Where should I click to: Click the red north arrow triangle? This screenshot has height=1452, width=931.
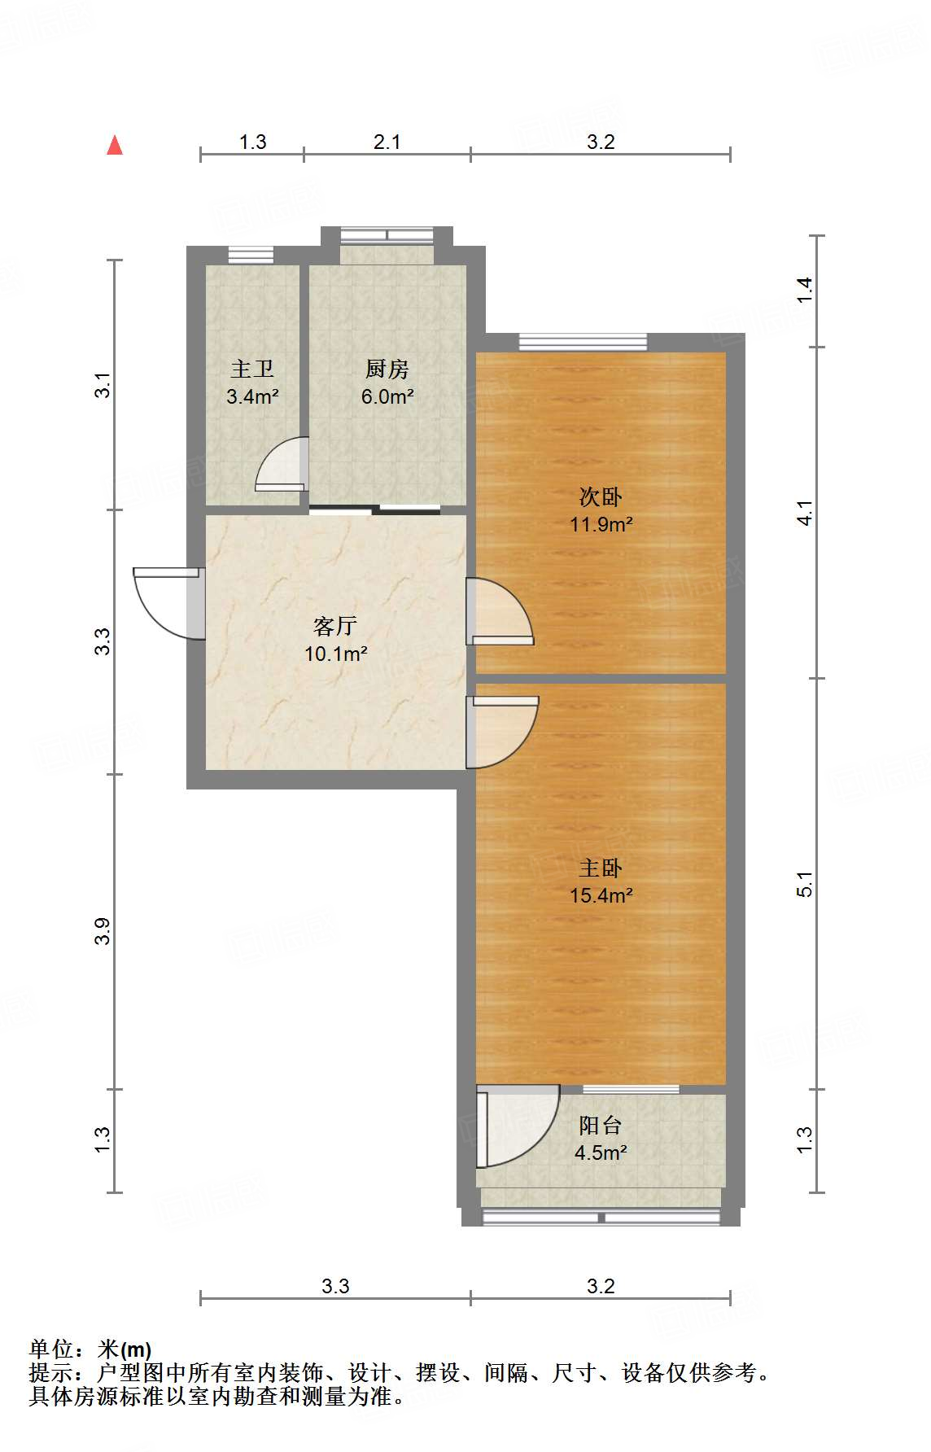115,146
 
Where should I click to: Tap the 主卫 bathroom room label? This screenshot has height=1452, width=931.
252,370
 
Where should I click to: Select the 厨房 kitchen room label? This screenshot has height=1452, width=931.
387,370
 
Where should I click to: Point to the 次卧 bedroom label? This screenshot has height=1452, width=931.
601,496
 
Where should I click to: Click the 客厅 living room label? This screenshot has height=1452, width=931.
335,626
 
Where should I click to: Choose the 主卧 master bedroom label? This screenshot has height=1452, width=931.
601,868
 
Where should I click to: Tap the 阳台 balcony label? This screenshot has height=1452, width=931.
601,1126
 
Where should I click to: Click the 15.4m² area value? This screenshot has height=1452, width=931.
601,896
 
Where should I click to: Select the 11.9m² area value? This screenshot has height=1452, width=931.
601,524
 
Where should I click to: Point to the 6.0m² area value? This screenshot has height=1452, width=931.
387,397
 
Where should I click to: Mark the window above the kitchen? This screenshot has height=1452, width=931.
387,235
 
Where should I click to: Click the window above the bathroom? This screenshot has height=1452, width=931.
251,254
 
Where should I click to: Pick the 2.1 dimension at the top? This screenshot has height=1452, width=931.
387,142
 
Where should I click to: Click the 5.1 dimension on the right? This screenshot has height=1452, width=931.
804,883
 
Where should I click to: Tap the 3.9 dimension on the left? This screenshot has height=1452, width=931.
103,931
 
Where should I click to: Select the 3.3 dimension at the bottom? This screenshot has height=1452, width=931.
335,1287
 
